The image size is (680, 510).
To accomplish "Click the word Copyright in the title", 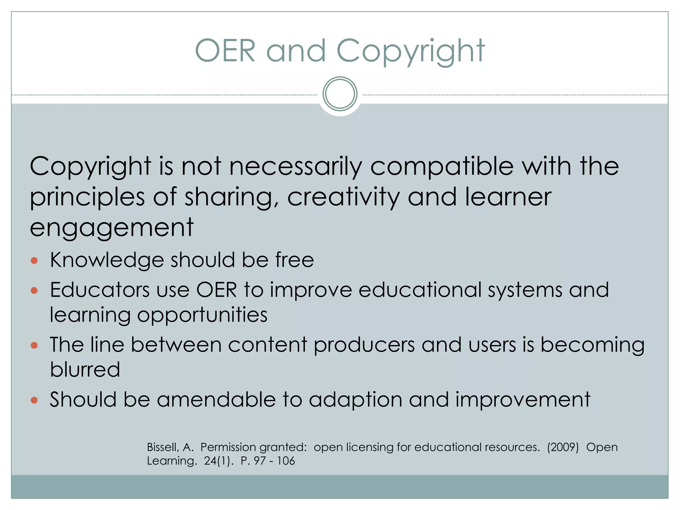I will tap(410, 51).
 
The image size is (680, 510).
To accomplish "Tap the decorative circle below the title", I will tap(340, 94).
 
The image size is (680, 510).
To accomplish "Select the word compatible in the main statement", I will tap(442, 167).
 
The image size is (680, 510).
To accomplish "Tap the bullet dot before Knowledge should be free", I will tap(34, 260).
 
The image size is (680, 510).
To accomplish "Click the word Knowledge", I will tap(107, 260).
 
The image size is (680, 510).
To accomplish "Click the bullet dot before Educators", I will tap(34, 291).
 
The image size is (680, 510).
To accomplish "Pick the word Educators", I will tap(100, 290).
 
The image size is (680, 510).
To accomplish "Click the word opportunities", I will tap(202, 315).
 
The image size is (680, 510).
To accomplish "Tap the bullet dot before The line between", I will tap(34, 346).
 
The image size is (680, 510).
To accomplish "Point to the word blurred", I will tap(85, 370).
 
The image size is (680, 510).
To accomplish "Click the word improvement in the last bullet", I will tap(523, 399).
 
